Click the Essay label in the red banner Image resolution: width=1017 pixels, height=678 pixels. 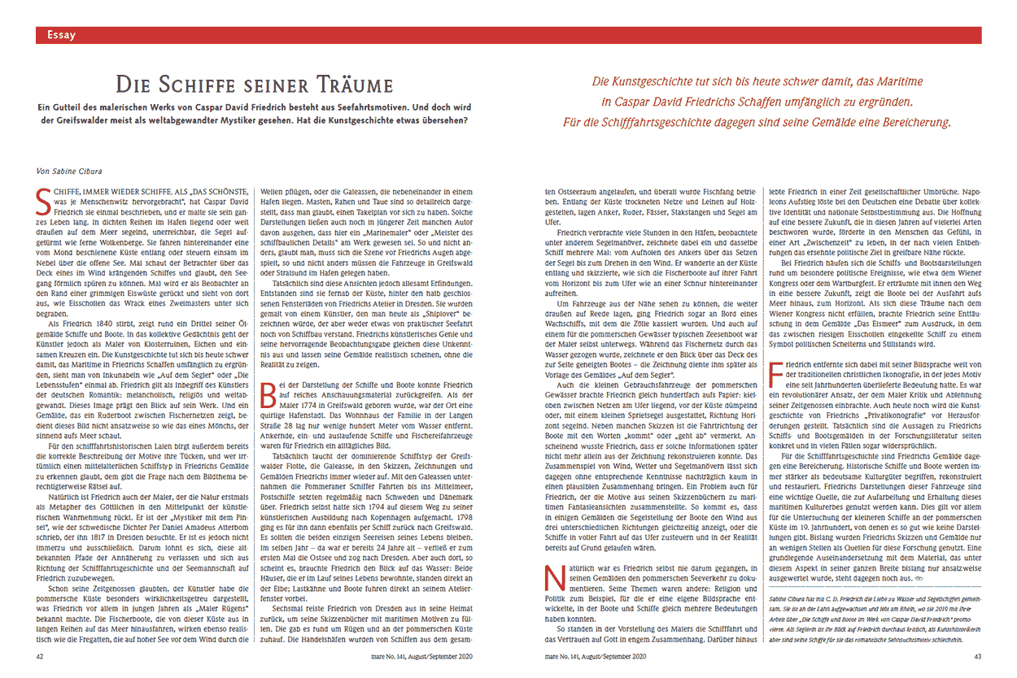[62, 35]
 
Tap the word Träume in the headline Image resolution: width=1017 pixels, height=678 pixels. [351, 84]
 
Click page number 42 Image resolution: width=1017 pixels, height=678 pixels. [40, 655]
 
